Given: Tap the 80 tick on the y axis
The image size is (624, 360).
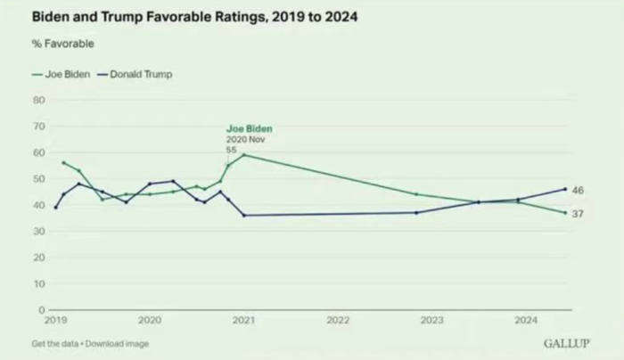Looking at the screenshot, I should [x=38, y=100].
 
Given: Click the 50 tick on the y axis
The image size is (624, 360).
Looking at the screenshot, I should [x=38, y=178].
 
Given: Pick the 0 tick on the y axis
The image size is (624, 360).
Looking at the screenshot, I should [x=41, y=308].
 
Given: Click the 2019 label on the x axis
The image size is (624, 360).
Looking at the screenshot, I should [x=55, y=319].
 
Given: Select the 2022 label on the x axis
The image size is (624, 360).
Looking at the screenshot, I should [x=337, y=319].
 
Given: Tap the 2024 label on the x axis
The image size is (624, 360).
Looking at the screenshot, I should [x=526, y=319].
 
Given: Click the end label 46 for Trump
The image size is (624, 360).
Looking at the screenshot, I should [x=578, y=190].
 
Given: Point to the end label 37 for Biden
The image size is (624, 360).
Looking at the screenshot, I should [x=578, y=213].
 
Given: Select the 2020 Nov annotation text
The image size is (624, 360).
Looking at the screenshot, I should [x=245, y=140].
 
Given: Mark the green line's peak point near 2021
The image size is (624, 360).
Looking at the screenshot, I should [x=243, y=155].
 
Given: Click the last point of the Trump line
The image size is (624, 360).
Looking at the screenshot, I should [x=565, y=189].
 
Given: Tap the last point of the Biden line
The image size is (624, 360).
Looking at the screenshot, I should [x=565, y=212].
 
